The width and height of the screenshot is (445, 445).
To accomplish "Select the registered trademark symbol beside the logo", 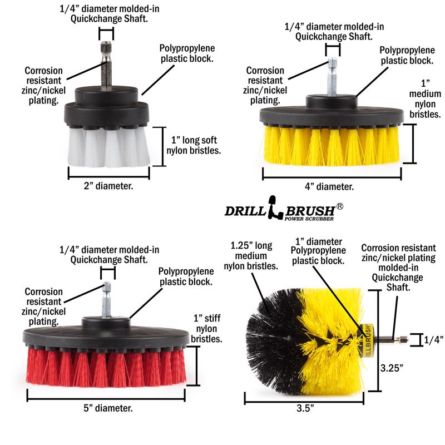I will tap(340, 205).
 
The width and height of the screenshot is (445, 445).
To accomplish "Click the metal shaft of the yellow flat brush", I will tap(332, 78).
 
